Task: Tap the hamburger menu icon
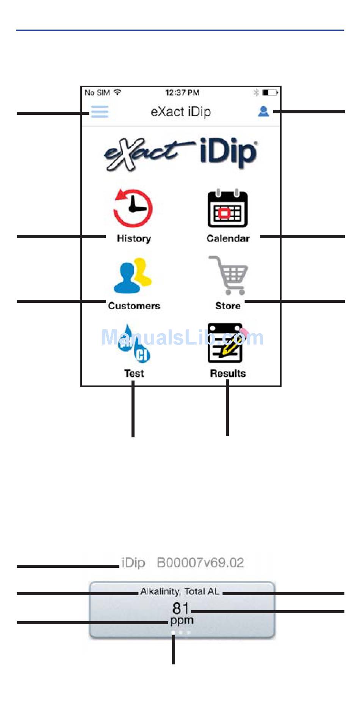(x=100, y=111)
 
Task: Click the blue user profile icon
(x=263, y=111)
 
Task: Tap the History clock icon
(x=133, y=208)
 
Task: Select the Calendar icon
(x=227, y=208)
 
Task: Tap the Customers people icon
(x=133, y=276)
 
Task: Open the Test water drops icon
(x=134, y=343)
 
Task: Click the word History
(x=134, y=238)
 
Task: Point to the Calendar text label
(x=228, y=238)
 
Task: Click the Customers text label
(x=134, y=306)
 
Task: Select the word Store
(x=228, y=306)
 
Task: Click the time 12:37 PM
(x=182, y=92)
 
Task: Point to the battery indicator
(x=270, y=92)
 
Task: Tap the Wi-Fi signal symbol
(x=117, y=92)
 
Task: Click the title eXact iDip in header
(x=181, y=112)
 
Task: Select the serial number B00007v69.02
(x=200, y=562)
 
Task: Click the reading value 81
(x=180, y=608)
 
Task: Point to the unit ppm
(x=182, y=621)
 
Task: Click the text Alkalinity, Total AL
(x=180, y=592)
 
